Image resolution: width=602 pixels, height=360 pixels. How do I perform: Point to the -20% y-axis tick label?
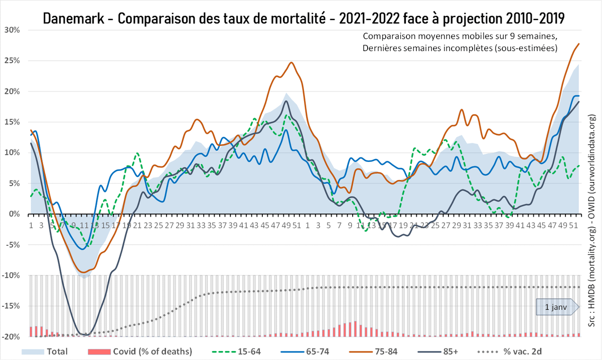click(11, 336)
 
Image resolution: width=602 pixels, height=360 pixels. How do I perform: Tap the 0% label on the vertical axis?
click(14, 214)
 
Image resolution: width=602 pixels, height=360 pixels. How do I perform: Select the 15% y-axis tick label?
click(12, 122)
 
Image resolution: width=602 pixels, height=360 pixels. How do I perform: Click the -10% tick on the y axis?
click(11, 275)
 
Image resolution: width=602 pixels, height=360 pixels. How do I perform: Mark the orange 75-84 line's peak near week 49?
click(291, 63)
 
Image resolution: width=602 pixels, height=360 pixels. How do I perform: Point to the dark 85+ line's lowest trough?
click(85, 334)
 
